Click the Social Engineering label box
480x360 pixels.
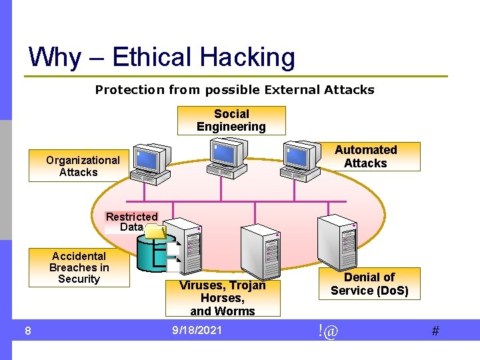point(231,121)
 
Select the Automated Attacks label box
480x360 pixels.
point(365,157)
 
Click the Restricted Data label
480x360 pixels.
point(131,221)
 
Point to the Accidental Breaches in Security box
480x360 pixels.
point(79,267)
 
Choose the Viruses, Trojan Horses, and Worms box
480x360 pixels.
point(223,297)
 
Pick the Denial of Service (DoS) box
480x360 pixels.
point(369,283)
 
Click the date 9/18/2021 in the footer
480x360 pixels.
point(197,330)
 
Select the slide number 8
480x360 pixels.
point(27,331)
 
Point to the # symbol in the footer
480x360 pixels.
point(435,331)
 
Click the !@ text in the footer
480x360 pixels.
point(328,330)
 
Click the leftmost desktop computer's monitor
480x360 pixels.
point(148,158)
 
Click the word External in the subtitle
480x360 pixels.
point(291,89)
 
